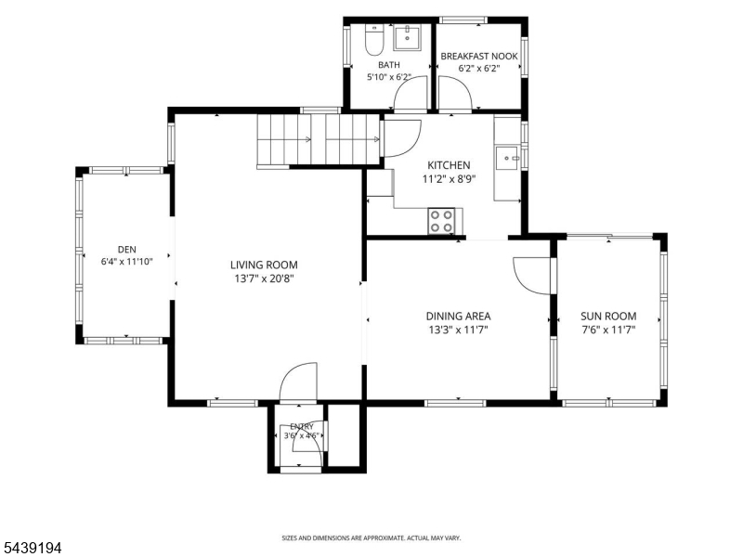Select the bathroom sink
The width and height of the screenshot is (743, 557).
[x=407, y=37]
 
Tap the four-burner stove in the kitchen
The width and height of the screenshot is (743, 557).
[x=441, y=221]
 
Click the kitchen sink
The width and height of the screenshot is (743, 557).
[x=507, y=158]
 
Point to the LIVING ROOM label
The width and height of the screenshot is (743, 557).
[x=264, y=265]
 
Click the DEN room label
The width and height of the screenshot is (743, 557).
[x=127, y=249]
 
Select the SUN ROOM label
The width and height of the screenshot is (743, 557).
[x=608, y=316]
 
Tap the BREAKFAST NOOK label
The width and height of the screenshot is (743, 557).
[x=479, y=57]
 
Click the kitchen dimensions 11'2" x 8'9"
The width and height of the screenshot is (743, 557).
[x=449, y=179]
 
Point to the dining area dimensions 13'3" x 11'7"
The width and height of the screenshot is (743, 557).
[x=458, y=330]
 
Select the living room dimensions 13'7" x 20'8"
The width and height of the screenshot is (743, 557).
[x=264, y=278]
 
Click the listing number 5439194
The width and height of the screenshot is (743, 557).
[x=31, y=548]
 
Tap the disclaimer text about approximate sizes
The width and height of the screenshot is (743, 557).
[x=371, y=538]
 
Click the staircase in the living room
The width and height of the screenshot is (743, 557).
[x=319, y=140]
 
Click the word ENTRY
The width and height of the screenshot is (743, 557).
[x=302, y=426]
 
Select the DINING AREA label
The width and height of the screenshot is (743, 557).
[x=458, y=316]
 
